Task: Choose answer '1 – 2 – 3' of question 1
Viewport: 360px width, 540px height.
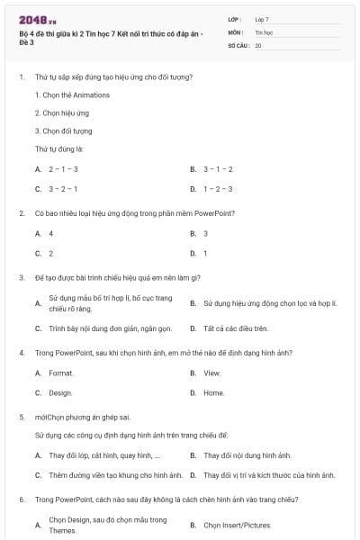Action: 218,189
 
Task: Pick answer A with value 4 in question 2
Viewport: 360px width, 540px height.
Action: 51,233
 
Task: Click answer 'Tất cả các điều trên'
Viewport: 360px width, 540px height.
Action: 236,328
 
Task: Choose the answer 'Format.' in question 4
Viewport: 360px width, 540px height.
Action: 61,373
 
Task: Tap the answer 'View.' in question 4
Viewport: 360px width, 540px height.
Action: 211,373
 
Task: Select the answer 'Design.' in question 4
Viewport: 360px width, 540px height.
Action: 60,393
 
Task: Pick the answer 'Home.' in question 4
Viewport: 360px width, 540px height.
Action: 213,393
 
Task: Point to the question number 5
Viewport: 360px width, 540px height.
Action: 21,418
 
